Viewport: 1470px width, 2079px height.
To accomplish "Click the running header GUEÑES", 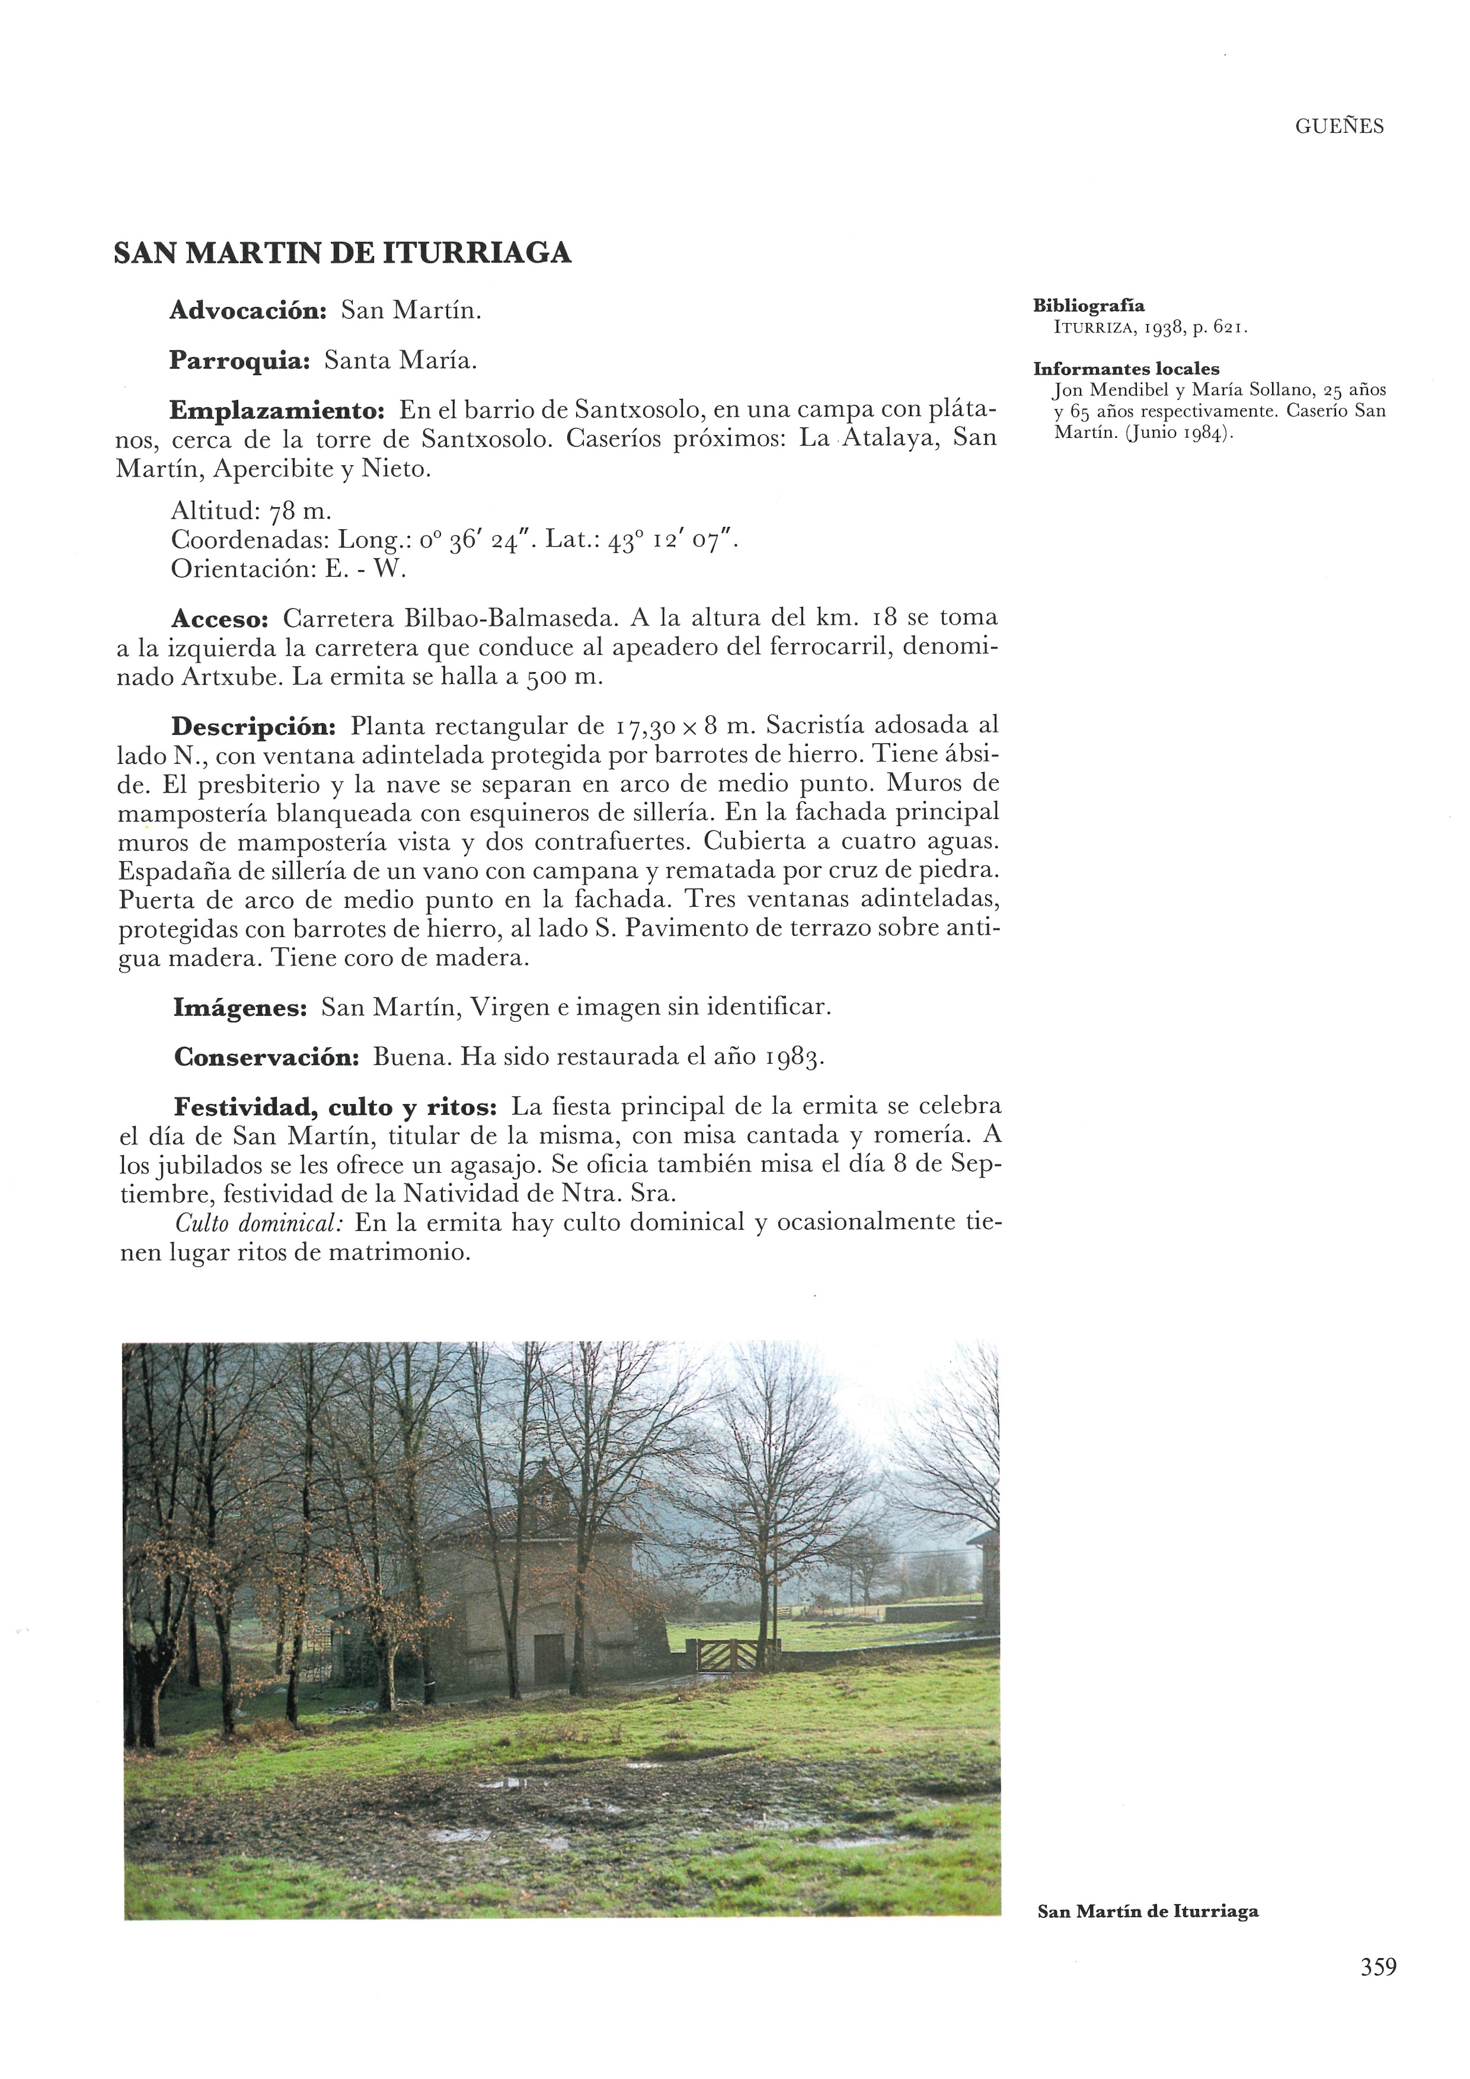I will (1338, 127).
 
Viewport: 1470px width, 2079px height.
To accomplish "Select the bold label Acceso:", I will (220, 619).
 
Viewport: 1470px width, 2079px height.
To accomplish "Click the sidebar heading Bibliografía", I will (1089, 306).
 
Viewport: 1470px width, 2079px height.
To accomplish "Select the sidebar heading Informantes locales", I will (1126, 369).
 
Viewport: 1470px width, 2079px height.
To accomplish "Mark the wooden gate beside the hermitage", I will (726, 1654).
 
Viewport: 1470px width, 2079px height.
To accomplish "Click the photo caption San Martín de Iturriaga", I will (1148, 1911).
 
